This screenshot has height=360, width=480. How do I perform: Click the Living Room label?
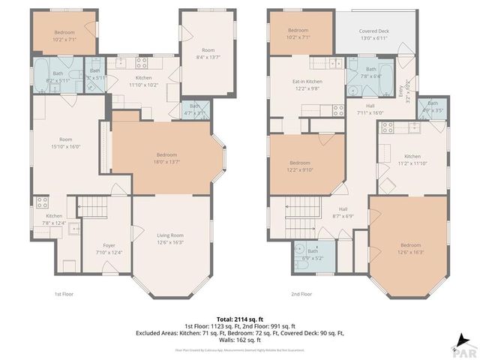tap(170, 235)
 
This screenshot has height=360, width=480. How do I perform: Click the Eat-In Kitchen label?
tap(307, 81)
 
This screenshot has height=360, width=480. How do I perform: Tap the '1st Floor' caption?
tap(64, 294)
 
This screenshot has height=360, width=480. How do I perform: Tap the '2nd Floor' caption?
tap(301, 294)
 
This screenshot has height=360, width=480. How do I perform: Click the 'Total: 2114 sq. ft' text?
tap(240, 318)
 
